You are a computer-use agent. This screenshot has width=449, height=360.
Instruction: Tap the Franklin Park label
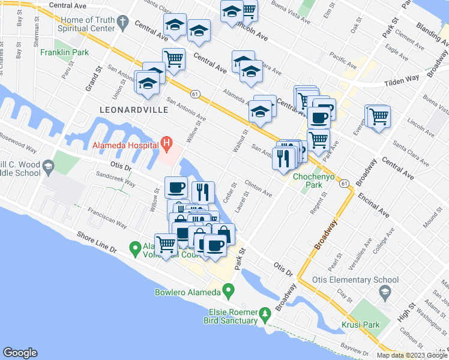click(x=65, y=52)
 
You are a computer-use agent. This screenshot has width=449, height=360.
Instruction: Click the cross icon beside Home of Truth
click(x=122, y=24)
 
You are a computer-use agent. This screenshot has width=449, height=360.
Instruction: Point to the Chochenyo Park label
click(x=308, y=181)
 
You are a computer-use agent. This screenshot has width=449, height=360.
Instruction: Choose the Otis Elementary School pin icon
click(x=384, y=292)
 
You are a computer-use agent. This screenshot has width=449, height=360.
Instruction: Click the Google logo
click(x=20, y=353)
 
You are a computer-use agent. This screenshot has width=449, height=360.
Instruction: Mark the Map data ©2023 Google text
click(x=412, y=355)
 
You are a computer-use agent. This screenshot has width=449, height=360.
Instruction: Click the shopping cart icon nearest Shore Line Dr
click(x=166, y=244)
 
